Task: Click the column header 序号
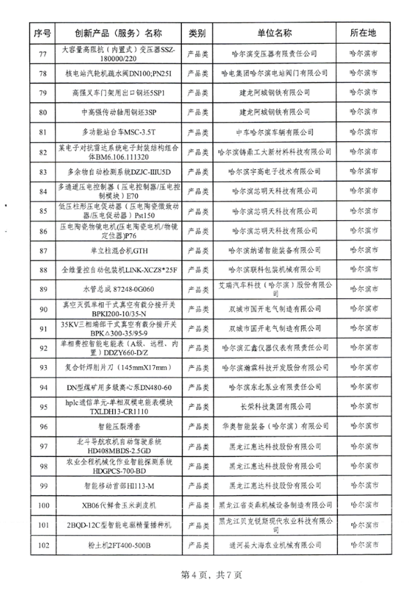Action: click(43, 33)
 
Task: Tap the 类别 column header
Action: click(196, 33)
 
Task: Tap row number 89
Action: click(43, 288)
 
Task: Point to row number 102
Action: click(43, 544)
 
